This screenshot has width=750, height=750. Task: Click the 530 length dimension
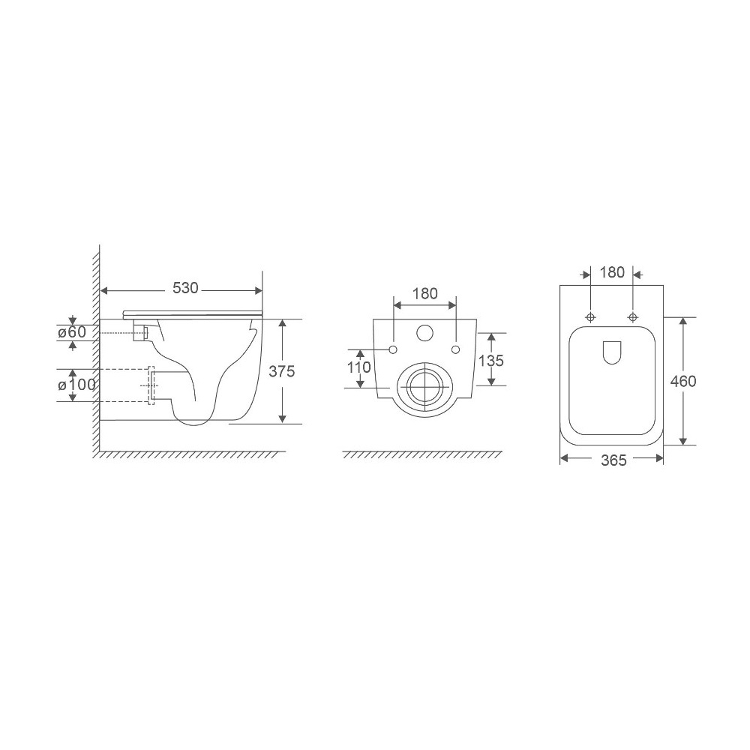[x=185, y=288]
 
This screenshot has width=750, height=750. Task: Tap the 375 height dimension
[x=282, y=371]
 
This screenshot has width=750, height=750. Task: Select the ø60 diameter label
[x=72, y=332]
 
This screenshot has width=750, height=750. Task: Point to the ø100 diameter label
[x=76, y=384]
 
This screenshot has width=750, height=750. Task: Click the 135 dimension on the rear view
[x=490, y=360]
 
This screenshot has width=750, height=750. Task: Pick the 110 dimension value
[x=359, y=367]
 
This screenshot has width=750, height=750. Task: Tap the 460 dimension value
[x=683, y=381]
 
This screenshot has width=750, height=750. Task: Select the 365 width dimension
[x=613, y=460]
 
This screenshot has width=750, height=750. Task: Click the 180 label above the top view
[x=612, y=272]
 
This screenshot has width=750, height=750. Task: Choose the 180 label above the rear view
[x=424, y=293]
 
